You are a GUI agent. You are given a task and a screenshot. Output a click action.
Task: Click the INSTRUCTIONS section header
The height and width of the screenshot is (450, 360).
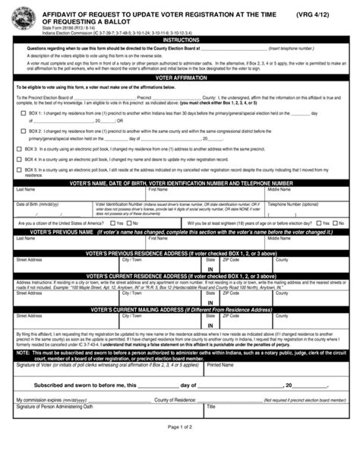tap(180, 40)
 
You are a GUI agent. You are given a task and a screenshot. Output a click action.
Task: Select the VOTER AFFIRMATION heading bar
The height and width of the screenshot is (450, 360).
tap(180, 78)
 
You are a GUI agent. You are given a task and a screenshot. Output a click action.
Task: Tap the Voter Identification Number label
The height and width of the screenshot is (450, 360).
tap(118, 204)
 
